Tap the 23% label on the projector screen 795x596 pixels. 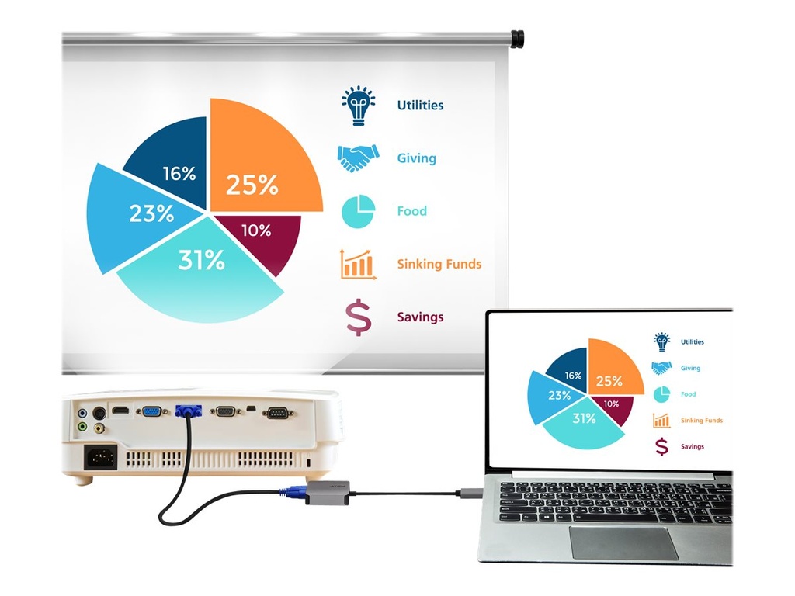tap(151, 213)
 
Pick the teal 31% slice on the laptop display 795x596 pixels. tap(583, 426)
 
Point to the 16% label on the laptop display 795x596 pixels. tap(573, 376)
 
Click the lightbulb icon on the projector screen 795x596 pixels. tap(359, 106)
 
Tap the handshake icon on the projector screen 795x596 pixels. tap(359, 158)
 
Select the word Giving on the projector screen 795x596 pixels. tap(416, 158)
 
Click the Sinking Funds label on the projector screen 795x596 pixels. tap(439, 264)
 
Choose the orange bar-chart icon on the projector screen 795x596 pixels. tap(359, 264)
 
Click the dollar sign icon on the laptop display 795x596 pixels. tap(661, 446)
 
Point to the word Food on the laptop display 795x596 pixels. tap(688, 393)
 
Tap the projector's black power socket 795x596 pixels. tap(101, 458)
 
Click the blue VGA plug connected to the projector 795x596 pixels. tap(188, 411)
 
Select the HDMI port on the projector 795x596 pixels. tap(120, 410)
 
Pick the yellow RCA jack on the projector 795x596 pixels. tap(100, 428)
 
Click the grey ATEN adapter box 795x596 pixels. tap(328, 492)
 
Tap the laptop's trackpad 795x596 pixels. tap(623, 542)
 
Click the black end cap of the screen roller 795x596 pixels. tap(517, 39)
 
